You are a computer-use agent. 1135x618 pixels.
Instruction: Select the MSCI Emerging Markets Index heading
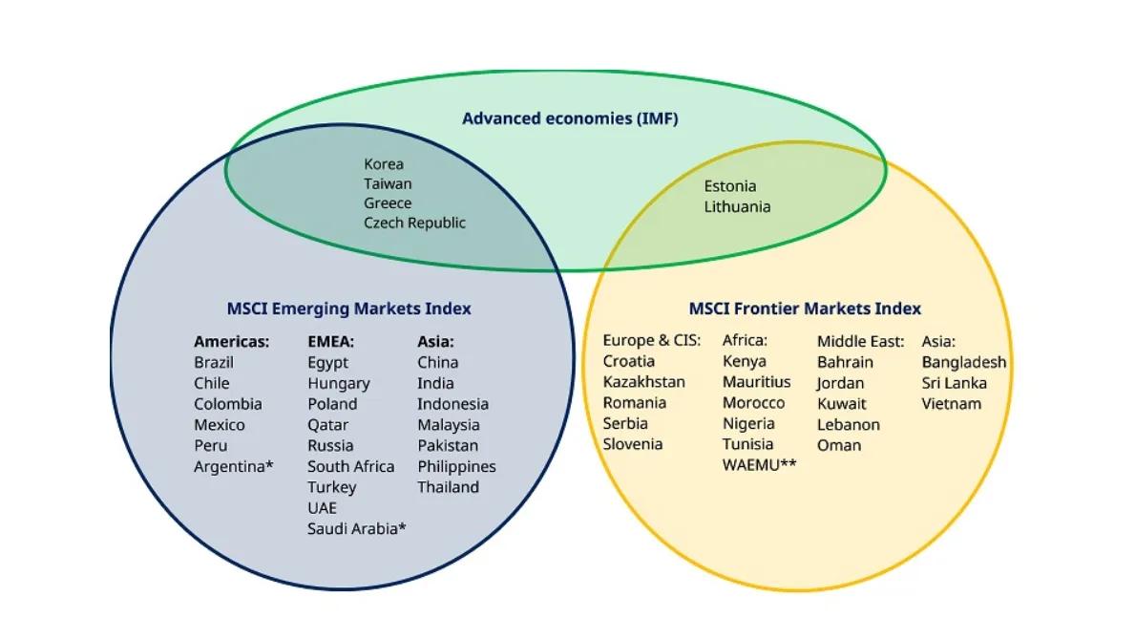pos(348,309)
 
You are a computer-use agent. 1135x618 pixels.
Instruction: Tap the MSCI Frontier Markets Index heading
pos(805,309)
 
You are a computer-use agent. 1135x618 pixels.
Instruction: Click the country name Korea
pos(384,164)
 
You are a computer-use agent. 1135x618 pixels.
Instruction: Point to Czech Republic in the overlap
pos(414,223)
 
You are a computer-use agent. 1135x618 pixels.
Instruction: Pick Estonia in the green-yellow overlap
pos(730,186)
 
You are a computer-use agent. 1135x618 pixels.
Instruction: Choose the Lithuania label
pos(737,206)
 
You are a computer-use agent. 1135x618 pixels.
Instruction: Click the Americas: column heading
pos(231,341)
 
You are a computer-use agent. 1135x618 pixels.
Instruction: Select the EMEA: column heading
pos(331,341)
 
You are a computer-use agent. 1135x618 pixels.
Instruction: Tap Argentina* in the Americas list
pos(234,466)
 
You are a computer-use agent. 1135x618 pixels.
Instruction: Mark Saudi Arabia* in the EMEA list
pos(357,528)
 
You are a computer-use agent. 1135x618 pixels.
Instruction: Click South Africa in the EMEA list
pos(350,466)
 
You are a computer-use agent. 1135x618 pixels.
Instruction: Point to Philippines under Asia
pos(456,466)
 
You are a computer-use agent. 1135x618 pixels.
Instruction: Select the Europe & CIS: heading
pos(652,340)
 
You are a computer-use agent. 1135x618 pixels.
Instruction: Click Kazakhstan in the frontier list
pos(643,382)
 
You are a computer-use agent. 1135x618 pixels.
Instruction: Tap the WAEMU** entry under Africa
pos(759,465)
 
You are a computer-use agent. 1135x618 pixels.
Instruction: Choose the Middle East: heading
pos(860,341)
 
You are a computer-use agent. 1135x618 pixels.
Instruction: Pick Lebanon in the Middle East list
pos(848,424)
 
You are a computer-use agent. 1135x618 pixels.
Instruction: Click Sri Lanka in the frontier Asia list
pos(954,383)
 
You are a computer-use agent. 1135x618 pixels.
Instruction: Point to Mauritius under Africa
pos(756,382)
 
